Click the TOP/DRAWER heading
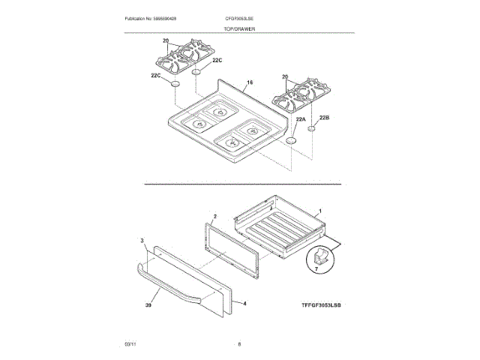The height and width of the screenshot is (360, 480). (x=239, y=28)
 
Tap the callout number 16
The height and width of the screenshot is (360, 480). (x=250, y=82)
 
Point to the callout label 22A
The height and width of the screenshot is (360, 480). (x=301, y=120)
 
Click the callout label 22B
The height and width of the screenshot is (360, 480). (x=325, y=118)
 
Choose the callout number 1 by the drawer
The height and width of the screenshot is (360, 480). (x=321, y=211)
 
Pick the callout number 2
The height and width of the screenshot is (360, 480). (x=214, y=216)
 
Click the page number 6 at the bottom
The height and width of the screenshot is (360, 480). (x=239, y=343)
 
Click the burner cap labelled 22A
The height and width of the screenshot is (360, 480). (x=291, y=142)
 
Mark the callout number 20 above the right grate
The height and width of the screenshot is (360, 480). (x=285, y=77)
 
